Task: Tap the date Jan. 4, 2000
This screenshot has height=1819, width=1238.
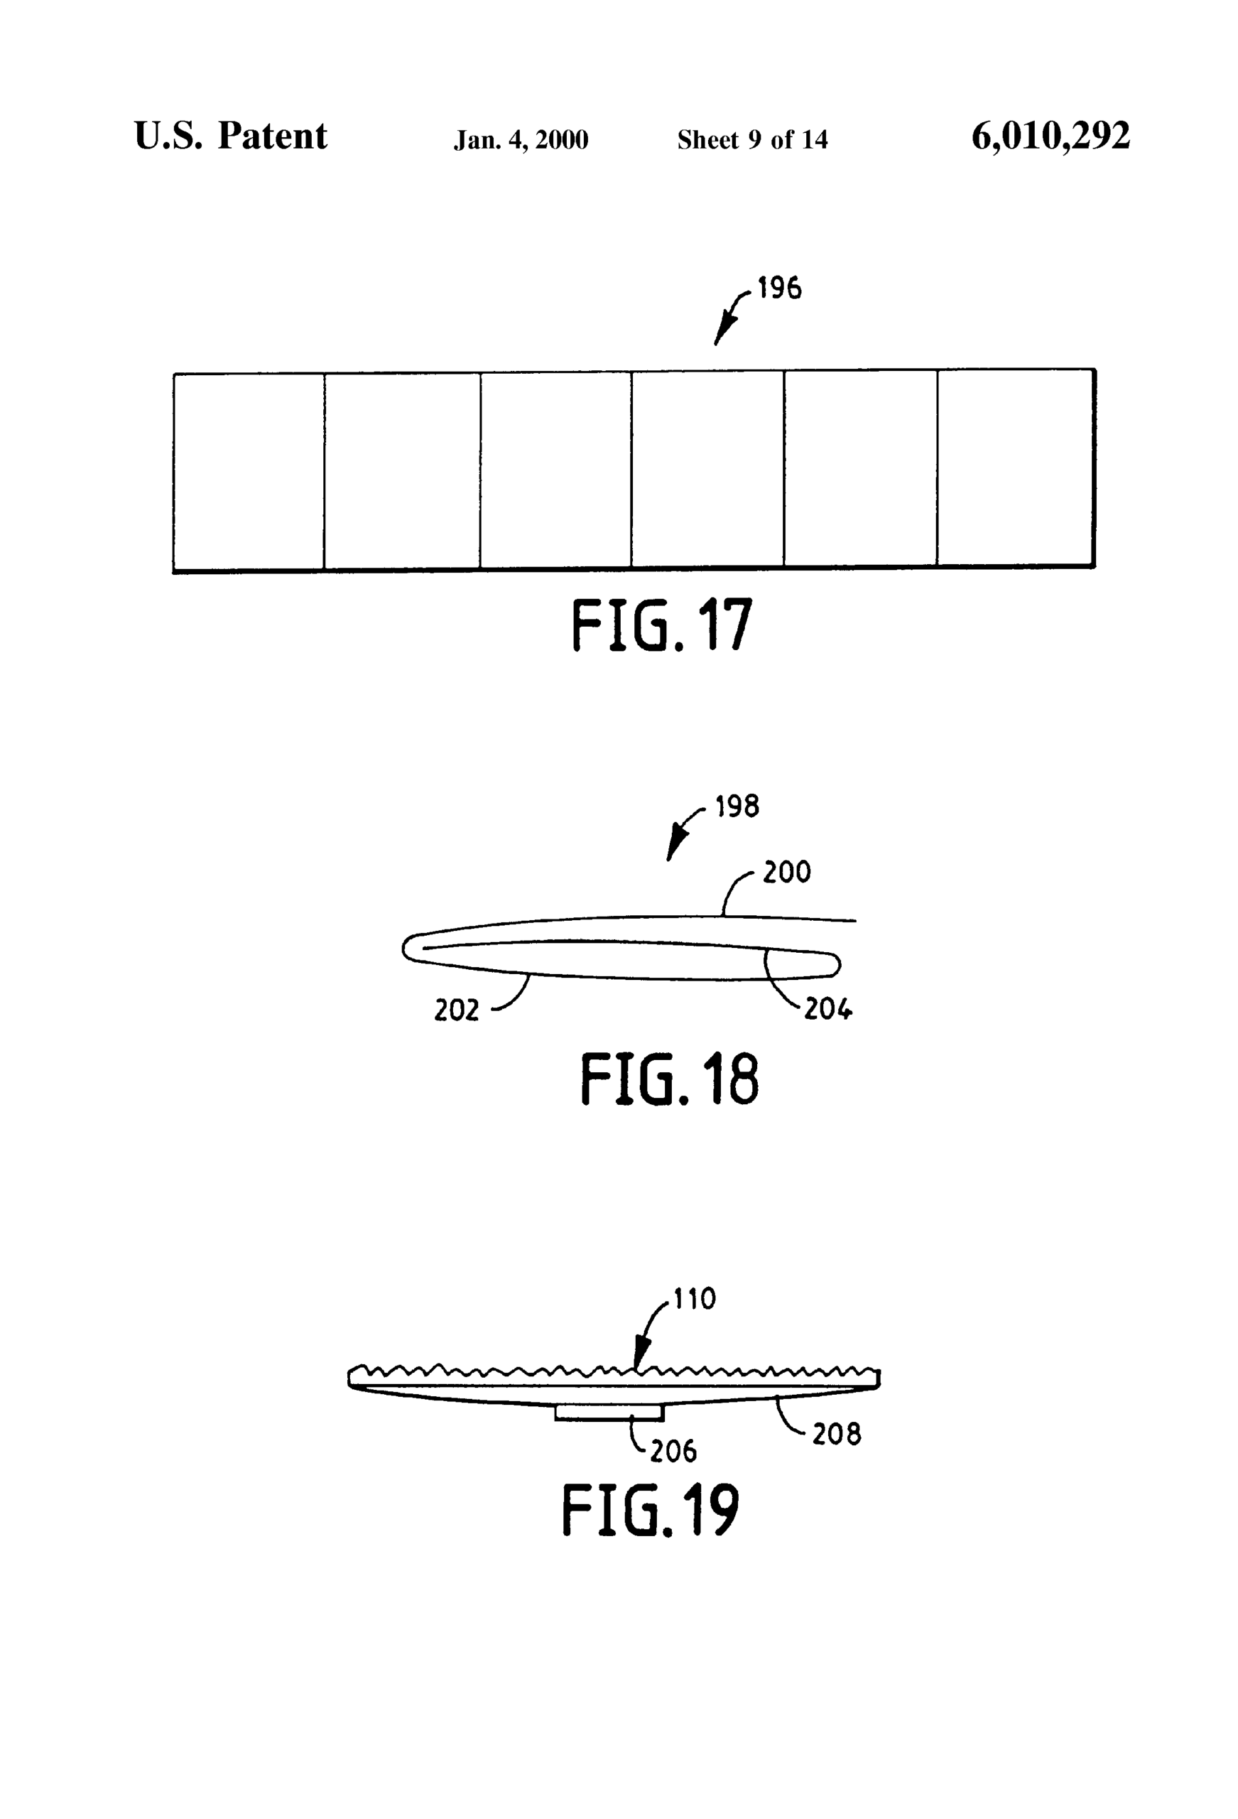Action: (521, 140)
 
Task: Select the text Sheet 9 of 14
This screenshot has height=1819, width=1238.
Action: (752, 140)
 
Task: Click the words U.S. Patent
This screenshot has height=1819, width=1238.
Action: (230, 136)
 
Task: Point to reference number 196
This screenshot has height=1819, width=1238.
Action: (779, 288)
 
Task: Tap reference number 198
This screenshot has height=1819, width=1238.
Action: (737, 806)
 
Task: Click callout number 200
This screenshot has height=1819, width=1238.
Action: (786, 872)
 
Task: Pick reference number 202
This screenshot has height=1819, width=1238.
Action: (456, 1010)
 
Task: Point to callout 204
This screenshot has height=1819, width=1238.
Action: (828, 1010)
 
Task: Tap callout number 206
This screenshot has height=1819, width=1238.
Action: (673, 1452)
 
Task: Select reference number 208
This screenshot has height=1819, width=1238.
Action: (837, 1435)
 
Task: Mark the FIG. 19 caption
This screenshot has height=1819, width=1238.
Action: (651, 1510)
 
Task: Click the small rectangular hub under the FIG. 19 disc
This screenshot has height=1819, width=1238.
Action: (609, 1412)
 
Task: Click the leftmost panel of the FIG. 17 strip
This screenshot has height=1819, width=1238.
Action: (249, 471)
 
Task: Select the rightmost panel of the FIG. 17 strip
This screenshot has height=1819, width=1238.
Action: (1015, 468)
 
